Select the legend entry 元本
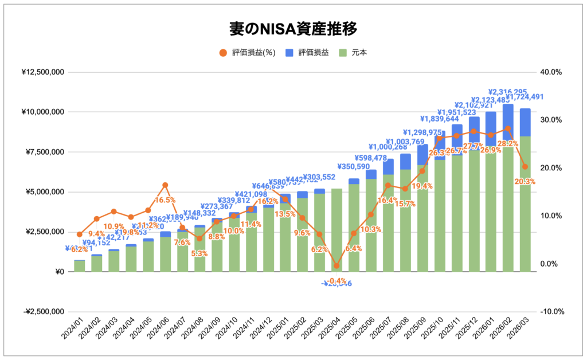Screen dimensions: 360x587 [x=359, y=53]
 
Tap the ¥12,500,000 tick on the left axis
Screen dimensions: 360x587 [x=43, y=72]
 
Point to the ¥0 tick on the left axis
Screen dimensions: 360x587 [x=57, y=272]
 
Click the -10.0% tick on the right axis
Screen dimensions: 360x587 [x=552, y=312]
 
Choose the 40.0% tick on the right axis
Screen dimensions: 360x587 [x=551, y=72]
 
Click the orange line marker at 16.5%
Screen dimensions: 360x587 [x=165, y=185]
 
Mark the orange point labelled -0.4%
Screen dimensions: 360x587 [x=336, y=266]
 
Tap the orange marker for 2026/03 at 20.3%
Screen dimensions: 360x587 [x=525, y=167]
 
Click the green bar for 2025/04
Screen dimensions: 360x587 [x=336, y=229]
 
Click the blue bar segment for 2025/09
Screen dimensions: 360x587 [x=422, y=155]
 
